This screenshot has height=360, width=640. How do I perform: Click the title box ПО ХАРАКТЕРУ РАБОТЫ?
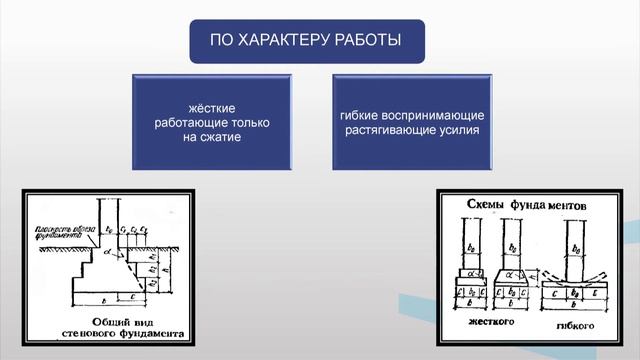(x=307, y=41)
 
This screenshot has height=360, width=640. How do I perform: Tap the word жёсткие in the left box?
(x=212, y=105)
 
